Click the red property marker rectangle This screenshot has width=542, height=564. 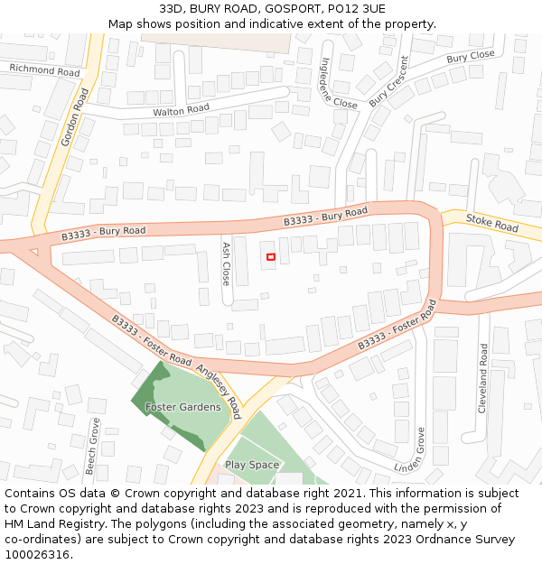(x=270, y=258)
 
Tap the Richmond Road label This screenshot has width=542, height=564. (x=44, y=70)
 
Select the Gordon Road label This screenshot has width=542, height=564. (x=75, y=118)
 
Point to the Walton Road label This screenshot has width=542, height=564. (x=181, y=109)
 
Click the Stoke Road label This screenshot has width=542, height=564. (x=491, y=223)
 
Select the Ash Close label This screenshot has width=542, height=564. (x=227, y=263)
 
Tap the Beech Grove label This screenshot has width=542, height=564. (x=91, y=447)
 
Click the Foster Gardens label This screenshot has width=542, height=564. (x=182, y=407)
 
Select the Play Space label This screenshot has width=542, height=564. (x=252, y=465)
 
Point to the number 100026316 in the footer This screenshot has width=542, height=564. (x=37, y=554)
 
